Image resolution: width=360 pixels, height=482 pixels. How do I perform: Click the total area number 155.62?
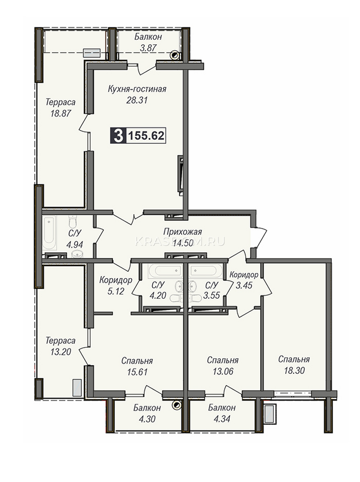(x=146, y=136)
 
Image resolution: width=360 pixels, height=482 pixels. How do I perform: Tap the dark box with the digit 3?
(x=118, y=136)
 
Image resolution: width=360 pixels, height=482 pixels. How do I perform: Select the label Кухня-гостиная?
(x=137, y=89)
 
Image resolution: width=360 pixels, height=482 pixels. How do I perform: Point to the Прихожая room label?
(x=183, y=232)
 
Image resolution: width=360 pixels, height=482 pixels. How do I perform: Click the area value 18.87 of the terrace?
(x=61, y=113)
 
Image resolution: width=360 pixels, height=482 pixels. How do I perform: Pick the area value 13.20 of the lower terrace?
(x=61, y=352)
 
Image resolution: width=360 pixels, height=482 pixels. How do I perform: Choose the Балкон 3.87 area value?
(x=148, y=48)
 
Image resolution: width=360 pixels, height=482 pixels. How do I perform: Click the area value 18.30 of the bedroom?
(x=295, y=371)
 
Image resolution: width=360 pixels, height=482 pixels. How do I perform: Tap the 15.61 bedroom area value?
(x=137, y=372)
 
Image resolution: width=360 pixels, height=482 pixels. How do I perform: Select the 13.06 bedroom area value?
(x=223, y=372)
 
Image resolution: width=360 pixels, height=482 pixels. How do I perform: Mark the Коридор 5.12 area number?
(x=116, y=291)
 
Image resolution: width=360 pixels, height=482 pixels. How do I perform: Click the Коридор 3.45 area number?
(x=244, y=286)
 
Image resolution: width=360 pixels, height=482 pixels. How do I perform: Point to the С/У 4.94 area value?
(x=75, y=244)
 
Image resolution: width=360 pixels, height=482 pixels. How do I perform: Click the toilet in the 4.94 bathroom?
(x=73, y=221)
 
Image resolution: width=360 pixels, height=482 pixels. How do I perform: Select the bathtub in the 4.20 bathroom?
(x=165, y=271)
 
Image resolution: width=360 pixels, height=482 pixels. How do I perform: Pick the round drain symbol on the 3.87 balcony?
(x=175, y=55)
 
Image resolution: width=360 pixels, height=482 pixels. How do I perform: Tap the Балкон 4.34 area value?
(x=222, y=419)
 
